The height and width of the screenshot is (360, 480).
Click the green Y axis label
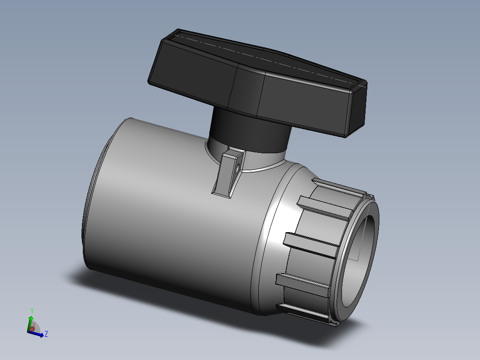click(x=32, y=310)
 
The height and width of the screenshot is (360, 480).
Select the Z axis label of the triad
click(x=46, y=333)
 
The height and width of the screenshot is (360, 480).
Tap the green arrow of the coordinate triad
click(x=30, y=322)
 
